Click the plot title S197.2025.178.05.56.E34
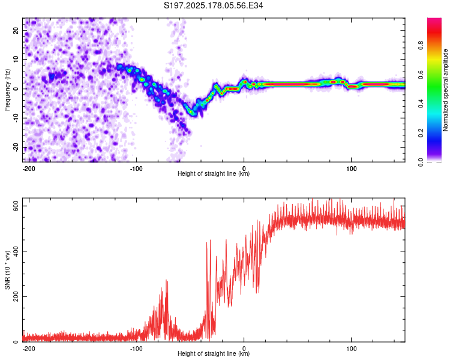point(213,5)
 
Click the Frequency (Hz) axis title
point(7,90)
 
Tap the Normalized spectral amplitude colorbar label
point(445,90)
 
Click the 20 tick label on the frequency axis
point(16,30)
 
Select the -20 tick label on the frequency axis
point(16,147)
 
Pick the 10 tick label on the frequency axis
point(16,59)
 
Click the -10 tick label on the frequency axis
point(16,118)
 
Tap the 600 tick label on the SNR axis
point(16,206)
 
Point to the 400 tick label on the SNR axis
point(16,251)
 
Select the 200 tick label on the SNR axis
point(16,296)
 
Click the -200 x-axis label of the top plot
point(28,169)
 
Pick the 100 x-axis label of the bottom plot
point(351,349)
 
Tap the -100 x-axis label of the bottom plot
point(136,349)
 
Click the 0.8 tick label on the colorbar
point(421,45)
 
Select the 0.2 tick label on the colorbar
point(421,133)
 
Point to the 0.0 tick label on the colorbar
point(421,162)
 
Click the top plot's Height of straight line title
point(214,173)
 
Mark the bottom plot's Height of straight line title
point(214,353)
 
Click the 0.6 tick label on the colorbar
point(421,74)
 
